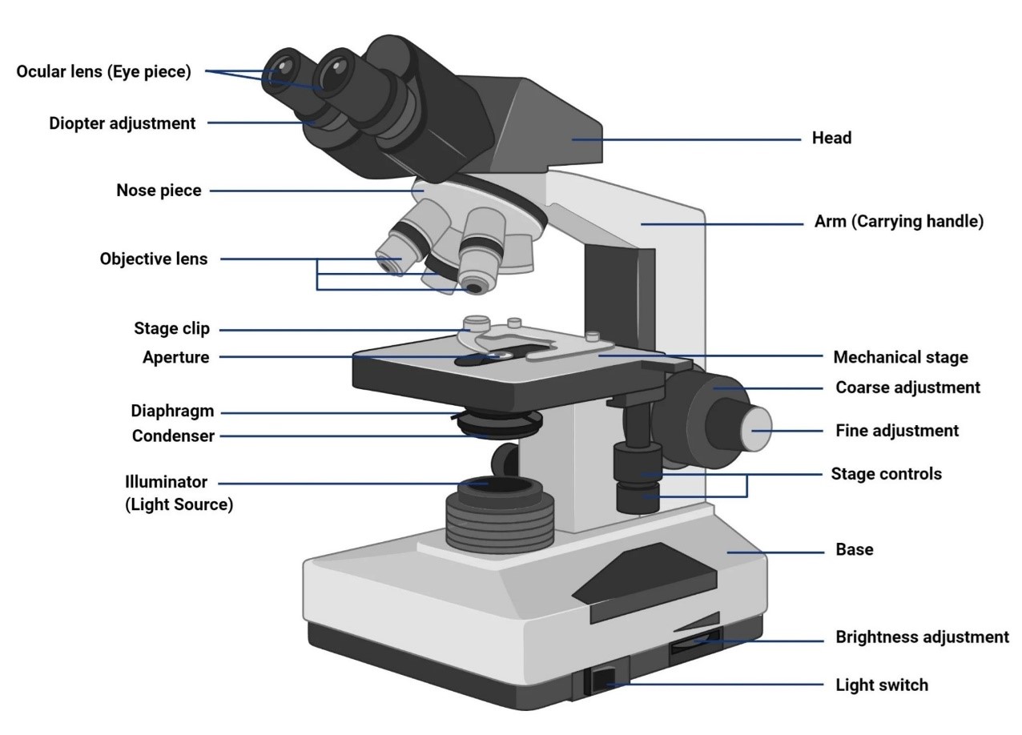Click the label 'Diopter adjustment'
[122, 123]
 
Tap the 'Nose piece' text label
[159, 191]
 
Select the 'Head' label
[831, 138]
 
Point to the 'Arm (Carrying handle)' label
[899, 222]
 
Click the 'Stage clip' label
[171, 329]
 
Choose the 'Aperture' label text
[175, 357]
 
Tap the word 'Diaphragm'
[172, 412]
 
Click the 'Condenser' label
[173, 436]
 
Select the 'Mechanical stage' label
[900, 357]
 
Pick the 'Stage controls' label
[886, 474]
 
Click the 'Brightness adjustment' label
[922, 637]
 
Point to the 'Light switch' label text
[882, 685]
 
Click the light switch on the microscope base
[603, 680]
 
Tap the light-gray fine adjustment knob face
[755, 429]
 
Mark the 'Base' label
[854, 549]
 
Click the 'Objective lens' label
[153, 259]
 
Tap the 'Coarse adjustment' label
[907, 388]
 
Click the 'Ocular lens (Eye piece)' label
[103, 71]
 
